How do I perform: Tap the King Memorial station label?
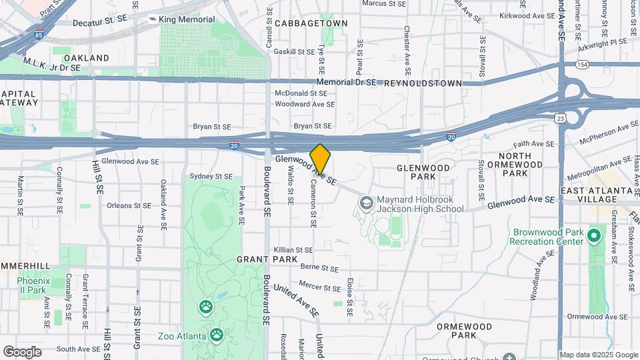(186, 20)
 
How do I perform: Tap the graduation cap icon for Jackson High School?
(366, 201)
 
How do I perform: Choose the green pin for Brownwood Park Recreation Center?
(593, 236)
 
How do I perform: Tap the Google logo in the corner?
(22, 351)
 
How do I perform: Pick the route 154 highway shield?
(583, 65)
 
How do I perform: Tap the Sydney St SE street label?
(211, 177)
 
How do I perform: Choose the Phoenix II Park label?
(32, 285)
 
